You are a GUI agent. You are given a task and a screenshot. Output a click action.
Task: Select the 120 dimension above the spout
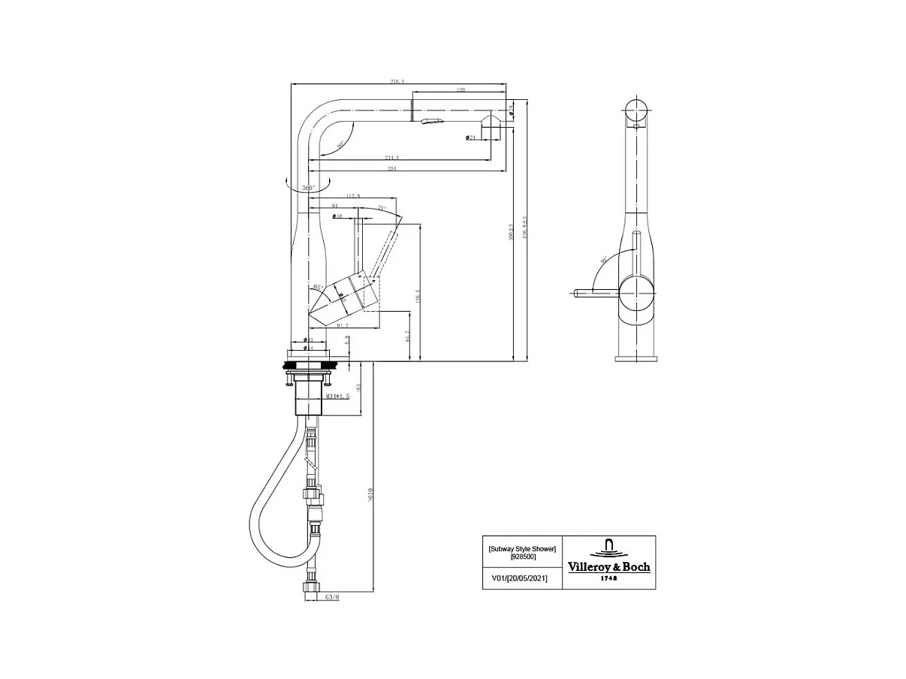(x=460, y=90)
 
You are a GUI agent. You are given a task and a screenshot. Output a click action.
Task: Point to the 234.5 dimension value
(x=391, y=158)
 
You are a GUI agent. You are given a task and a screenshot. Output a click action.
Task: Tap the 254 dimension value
(x=391, y=169)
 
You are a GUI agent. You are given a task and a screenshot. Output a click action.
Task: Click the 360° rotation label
(x=308, y=187)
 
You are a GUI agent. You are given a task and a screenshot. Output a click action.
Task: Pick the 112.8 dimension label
(x=353, y=197)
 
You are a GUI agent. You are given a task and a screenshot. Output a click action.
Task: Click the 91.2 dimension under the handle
(x=342, y=325)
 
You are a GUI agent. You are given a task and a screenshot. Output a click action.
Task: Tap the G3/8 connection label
(x=331, y=598)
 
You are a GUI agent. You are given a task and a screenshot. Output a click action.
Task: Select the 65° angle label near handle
(x=318, y=288)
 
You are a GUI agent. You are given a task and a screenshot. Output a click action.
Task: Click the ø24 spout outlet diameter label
(x=471, y=137)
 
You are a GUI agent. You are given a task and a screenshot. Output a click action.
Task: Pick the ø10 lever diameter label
(x=338, y=216)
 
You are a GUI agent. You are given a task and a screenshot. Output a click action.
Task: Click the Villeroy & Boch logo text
(x=609, y=567)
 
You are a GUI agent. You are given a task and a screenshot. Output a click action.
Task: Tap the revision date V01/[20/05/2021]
(x=519, y=578)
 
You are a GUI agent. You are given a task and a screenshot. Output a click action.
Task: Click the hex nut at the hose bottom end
(x=310, y=587)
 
